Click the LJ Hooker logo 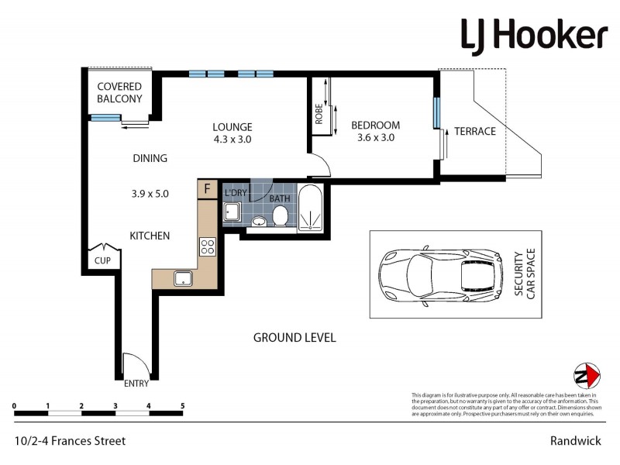pos(534,36)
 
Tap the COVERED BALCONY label pos(119,92)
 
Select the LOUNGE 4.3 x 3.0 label pos(232,133)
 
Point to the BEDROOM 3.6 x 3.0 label pos(375,131)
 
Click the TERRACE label pos(474,131)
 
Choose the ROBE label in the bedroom pos(319,115)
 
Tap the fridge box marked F pos(207,189)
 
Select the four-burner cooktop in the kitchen pos(208,247)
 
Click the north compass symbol pos(586,377)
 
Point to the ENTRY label pos(136,384)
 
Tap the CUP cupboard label pos(102,261)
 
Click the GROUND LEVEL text pos(294,338)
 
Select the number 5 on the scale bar pos(182,405)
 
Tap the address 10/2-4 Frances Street pos(70,441)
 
